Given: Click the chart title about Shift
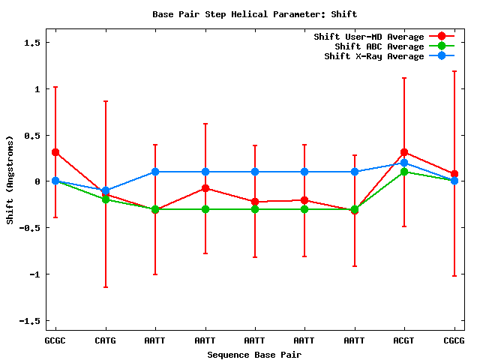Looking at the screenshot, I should [254, 14].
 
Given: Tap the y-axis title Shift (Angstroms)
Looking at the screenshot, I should [10, 180].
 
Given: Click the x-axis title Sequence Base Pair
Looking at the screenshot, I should [254, 354].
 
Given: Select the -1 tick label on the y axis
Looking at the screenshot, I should [33, 274].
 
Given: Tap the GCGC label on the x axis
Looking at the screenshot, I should [55, 340].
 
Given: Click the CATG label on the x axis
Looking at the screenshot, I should [105, 340].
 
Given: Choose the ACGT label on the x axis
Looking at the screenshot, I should [404, 340].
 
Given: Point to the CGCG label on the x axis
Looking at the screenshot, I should [454, 340].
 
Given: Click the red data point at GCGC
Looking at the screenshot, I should [55, 152].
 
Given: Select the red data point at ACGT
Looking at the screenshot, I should [404, 152].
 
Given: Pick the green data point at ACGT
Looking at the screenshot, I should [404, 172].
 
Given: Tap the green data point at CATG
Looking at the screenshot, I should [105, 199].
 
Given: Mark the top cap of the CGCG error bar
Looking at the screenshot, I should [454, 71].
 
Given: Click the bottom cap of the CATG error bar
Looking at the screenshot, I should [105, 287].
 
